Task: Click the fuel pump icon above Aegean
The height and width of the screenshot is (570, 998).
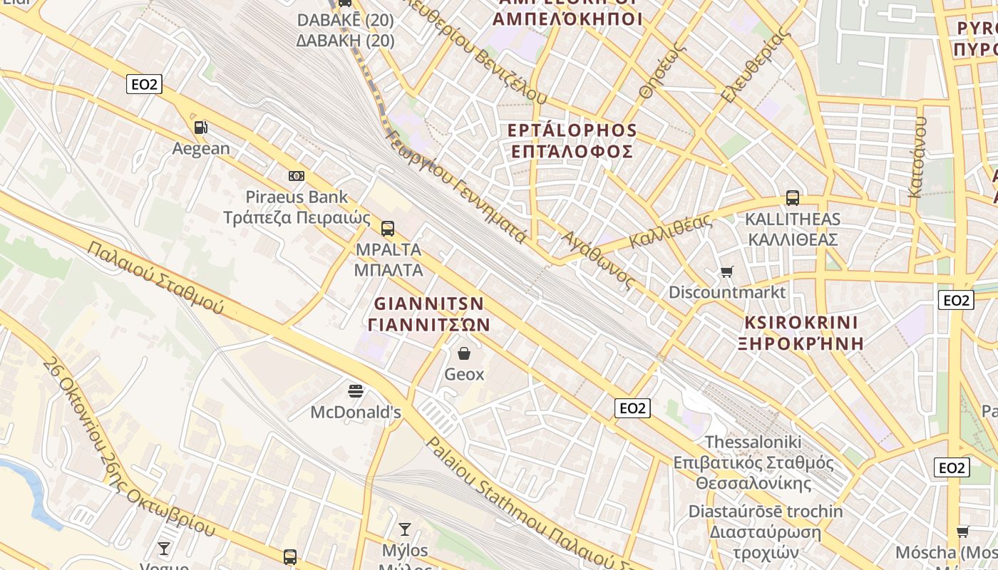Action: point(202,128)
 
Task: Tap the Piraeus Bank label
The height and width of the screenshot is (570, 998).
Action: point(297,197)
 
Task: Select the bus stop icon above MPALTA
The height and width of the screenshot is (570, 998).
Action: point(388,229)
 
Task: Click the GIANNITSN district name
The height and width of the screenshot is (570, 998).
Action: point(429,304)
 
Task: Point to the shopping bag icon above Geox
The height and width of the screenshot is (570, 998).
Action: point(464,353)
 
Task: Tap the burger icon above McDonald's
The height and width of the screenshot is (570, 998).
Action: point(356,390)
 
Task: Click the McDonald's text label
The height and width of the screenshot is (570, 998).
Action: point(356,413)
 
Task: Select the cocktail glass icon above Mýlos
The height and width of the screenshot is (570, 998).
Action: point(405,529)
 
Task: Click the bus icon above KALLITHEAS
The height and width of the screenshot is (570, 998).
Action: point(793,198)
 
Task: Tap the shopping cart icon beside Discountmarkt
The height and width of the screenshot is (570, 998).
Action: point(726,271)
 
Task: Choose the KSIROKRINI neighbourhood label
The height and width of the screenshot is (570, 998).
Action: point(802,322)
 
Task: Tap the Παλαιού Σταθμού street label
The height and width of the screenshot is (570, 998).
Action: point(155,278)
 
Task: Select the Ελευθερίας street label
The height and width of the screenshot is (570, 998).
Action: point(756,64)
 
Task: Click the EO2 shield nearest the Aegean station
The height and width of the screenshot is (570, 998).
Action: point(144,84)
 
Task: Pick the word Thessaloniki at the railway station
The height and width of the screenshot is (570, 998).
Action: point(753,442)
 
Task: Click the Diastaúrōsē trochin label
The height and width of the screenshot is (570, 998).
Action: point(765,512)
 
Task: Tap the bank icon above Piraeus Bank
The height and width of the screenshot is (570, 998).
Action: point(297,176)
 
